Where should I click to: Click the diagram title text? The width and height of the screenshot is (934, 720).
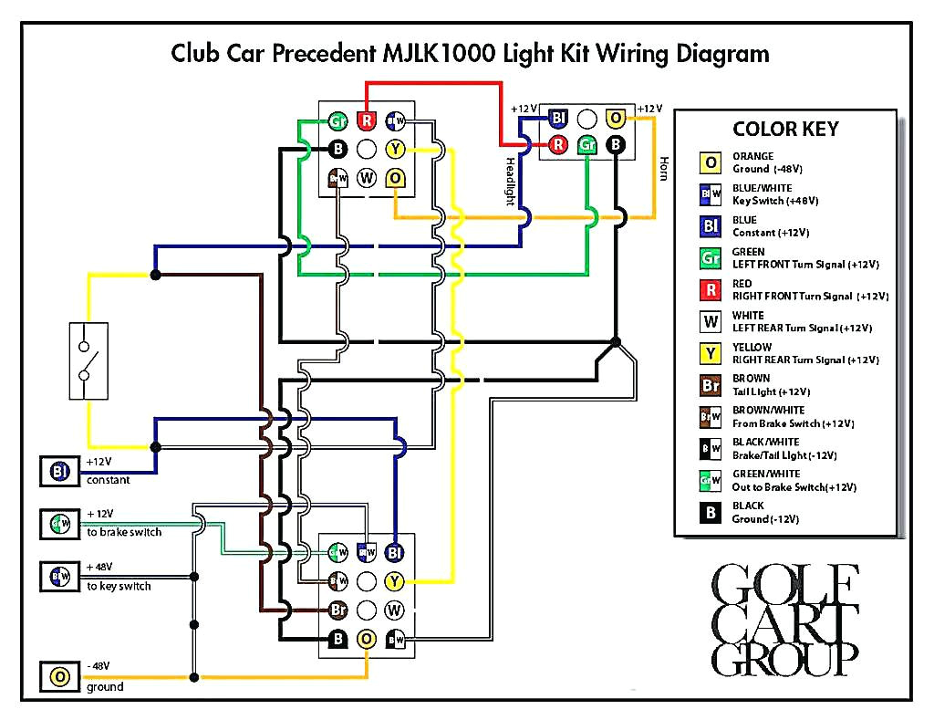470,53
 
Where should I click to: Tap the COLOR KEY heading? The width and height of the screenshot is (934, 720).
785,129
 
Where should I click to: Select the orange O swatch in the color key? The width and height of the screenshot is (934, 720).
710,163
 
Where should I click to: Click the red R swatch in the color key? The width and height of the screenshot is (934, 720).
710,290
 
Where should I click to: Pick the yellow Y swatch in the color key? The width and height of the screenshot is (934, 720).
710,354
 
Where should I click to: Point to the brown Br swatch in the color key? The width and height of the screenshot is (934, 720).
710,385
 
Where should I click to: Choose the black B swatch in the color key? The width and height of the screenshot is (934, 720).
710,513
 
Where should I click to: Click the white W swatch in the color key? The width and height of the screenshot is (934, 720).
710,322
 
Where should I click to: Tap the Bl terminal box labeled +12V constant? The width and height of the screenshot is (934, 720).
60,472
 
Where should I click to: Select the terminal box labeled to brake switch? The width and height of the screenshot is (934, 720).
60,524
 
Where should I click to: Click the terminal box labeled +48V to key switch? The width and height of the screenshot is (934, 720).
60,577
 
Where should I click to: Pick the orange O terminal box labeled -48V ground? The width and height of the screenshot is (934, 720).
60,677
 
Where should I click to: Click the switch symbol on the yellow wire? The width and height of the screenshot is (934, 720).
88,360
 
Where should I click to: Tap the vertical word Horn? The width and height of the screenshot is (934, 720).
663,168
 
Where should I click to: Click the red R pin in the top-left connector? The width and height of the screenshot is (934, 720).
367,120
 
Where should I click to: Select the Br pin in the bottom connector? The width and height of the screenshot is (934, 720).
338,609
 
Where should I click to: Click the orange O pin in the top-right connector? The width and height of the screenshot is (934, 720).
617,118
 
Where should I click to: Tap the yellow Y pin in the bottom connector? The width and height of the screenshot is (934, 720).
394,580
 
